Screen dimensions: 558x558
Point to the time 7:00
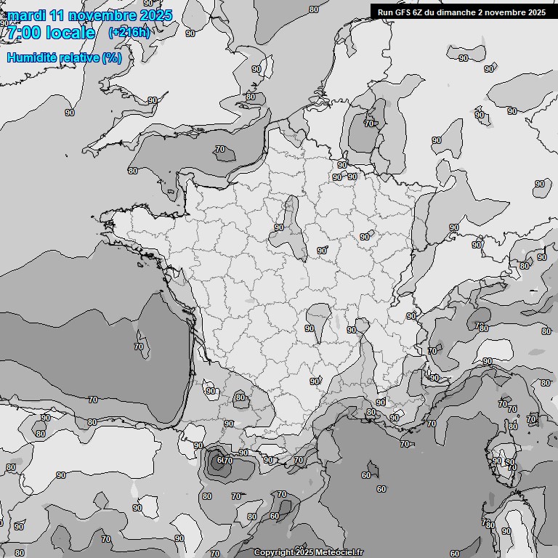click(23, 33)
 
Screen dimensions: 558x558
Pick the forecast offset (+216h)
click(129, 33)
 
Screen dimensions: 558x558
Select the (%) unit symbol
click(111, 57)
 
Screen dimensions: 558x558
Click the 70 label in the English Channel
click(220, 150)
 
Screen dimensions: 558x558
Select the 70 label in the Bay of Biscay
click(139, 347)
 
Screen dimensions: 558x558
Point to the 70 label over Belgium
click(368, 124)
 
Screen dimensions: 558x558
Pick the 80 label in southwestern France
click(240, 397)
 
